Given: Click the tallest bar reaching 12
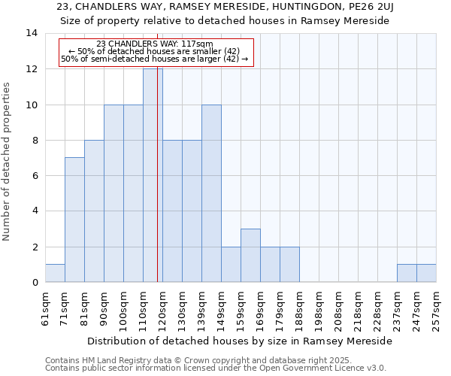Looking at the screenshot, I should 153,175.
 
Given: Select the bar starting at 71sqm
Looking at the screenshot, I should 74,220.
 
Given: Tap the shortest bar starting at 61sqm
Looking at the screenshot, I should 55,273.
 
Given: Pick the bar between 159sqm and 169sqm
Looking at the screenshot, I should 250,256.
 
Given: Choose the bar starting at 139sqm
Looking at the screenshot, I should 211,193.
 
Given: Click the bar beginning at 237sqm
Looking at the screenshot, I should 407,273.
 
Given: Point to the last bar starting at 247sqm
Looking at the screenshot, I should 426,273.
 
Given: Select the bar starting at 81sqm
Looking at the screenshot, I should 94,211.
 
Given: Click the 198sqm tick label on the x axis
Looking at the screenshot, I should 319,308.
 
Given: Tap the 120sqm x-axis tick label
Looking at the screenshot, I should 163,308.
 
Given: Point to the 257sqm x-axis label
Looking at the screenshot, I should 437,308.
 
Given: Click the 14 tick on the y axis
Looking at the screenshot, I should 32,33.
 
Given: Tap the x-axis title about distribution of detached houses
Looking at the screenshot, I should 240,341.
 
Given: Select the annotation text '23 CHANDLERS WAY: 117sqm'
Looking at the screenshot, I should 155,44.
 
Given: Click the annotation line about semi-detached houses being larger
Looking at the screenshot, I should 155,59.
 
